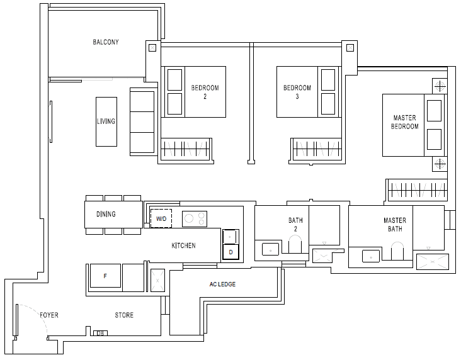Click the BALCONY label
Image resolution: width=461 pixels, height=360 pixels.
pos(106,42)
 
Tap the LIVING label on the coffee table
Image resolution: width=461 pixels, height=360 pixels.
pos(106,121)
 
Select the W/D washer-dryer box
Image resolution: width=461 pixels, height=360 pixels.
pos(161,218)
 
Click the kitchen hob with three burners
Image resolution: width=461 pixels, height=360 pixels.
pos(195,219)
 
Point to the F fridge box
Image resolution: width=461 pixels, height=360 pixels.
pos(105,276)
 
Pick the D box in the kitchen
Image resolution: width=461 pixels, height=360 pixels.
pos(230,252)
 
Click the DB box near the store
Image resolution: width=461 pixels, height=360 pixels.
pos(100,334)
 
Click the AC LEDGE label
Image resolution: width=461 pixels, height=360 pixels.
pos(222,284)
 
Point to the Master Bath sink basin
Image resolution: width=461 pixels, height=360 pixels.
pos(371,256)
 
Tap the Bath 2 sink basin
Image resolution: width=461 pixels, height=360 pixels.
pos(270,249)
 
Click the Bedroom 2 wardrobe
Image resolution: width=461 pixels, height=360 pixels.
pos(186,149)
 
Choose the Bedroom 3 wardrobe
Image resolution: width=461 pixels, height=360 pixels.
pos(316,149)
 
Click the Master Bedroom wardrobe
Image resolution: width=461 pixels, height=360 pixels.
pos(417,190)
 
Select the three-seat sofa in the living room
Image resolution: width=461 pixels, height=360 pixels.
pos(142,121)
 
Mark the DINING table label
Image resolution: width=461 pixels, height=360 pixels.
pos(106,214)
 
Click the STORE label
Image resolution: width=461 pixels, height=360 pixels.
pos(124,315)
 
